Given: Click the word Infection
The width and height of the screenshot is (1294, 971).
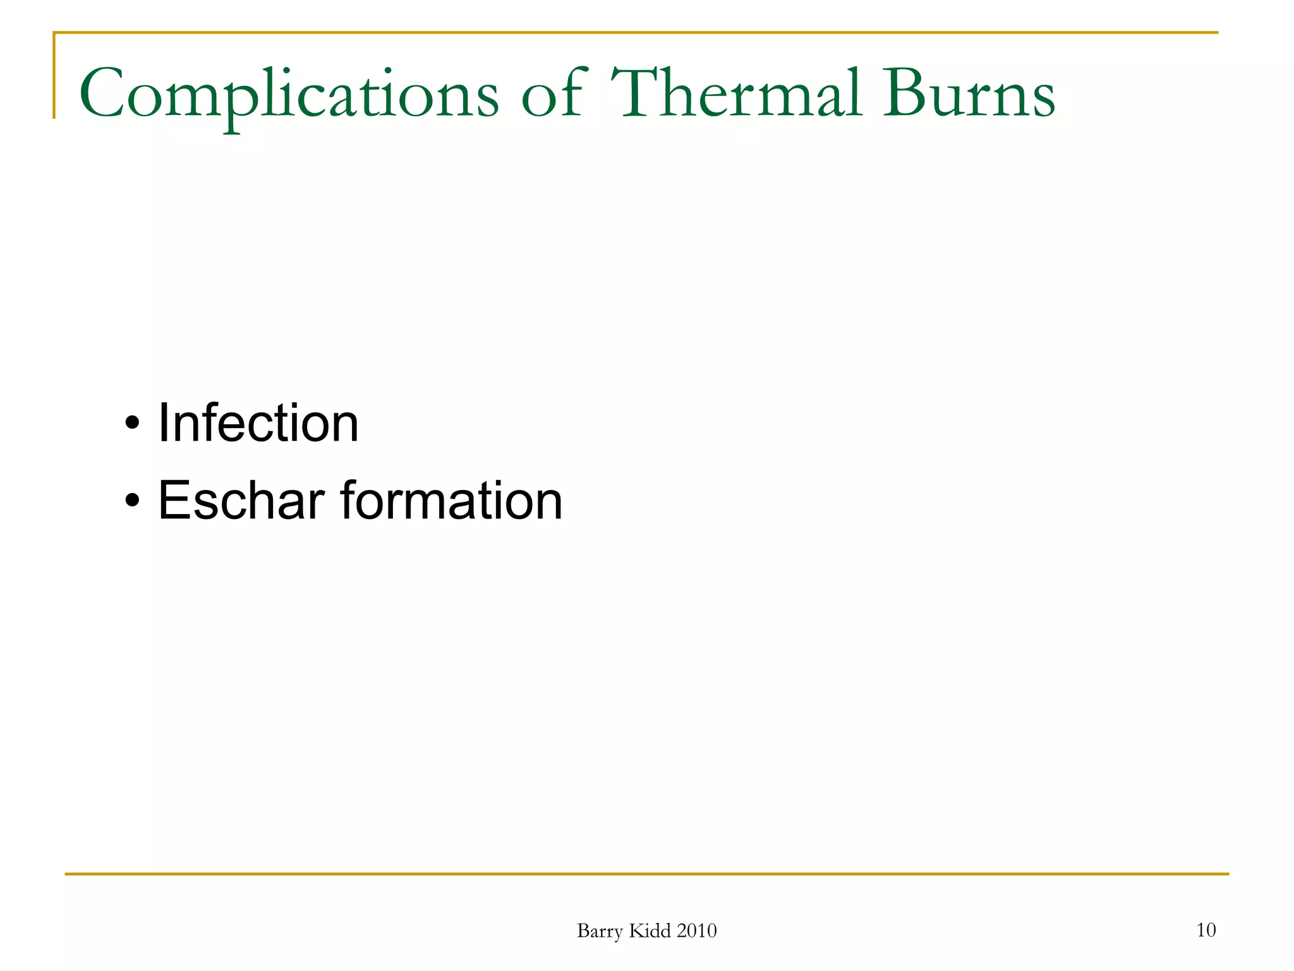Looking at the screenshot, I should [x=258, y=423].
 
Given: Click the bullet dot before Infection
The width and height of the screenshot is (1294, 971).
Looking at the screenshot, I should [x=131, y=423].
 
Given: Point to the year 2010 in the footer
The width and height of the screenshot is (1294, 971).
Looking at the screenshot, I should [x=696, y=931].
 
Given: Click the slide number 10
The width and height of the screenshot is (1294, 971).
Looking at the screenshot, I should [x=1206, y=930].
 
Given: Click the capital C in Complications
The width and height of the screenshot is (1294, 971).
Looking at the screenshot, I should [x=102, y=94].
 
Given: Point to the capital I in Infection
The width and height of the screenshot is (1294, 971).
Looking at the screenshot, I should [x=163, y=423].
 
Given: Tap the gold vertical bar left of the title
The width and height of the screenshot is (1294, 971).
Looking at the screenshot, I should [x=54, y=76].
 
